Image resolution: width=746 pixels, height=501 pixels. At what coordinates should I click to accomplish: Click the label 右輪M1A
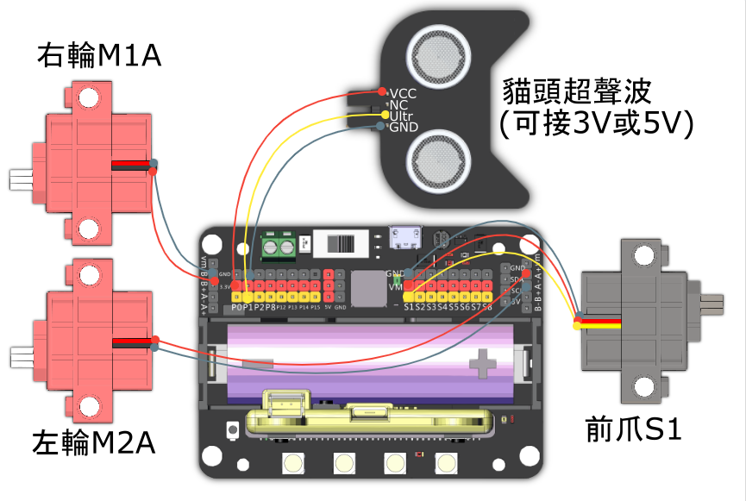point(99,57)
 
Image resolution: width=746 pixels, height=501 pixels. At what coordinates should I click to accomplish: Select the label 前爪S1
point(633,429)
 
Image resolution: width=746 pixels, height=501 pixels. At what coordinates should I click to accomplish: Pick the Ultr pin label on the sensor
point(401,116)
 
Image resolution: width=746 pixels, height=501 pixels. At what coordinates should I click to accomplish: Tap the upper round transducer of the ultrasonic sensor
point(437,51)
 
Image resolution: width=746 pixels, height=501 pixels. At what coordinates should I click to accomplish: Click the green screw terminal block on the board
point(279,247)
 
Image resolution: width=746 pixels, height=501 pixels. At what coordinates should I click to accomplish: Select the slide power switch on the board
point(342,243)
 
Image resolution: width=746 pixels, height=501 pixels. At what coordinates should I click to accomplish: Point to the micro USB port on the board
point(402,238)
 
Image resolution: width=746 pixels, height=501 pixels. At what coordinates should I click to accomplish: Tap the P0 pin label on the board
point(237,307)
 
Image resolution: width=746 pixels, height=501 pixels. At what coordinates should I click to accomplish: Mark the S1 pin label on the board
point(410,307)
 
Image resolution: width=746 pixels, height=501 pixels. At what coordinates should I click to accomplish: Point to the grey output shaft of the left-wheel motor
point(19,356)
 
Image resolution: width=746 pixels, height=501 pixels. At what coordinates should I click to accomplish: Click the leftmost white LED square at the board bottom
point(292,464)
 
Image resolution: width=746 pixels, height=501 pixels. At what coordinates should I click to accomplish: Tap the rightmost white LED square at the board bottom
point(446,464)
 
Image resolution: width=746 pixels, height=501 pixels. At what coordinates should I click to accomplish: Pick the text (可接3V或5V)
point(597,123)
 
